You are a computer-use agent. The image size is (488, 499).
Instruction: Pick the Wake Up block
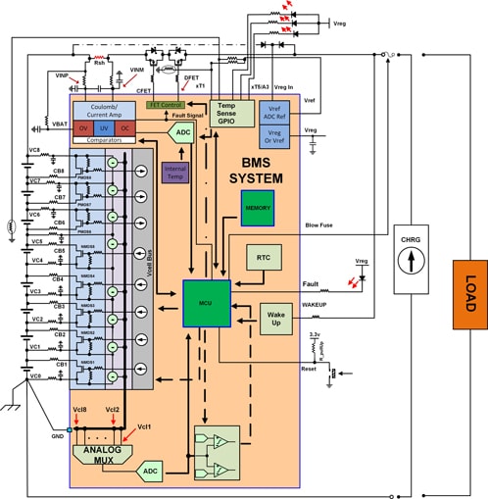[276, 317]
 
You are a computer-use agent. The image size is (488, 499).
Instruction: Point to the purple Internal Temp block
[173, 173]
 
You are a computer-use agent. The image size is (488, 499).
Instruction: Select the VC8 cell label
[34, 150]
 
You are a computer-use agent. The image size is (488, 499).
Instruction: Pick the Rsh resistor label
[99, 61]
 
